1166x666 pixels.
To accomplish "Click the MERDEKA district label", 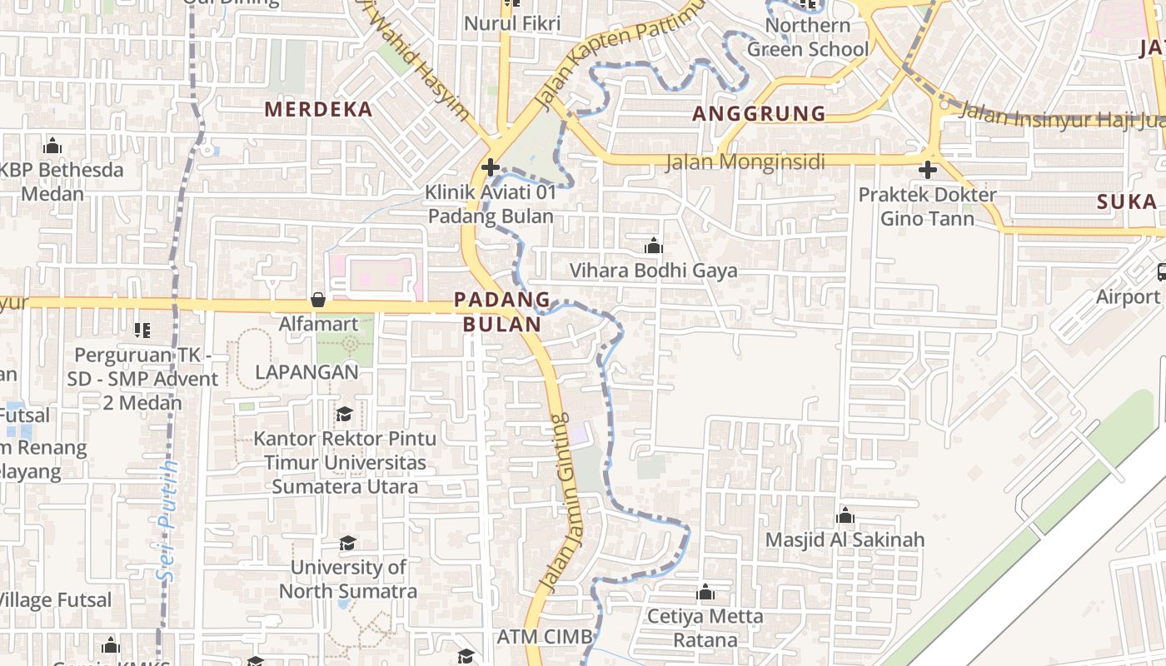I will tap(318, 109).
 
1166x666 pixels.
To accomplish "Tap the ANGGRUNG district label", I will tap(759, 113).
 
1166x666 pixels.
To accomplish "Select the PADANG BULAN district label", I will tap(502, 311).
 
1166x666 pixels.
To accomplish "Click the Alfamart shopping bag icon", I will tap(318, 300).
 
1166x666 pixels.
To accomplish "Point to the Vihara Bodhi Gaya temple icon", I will tap(654, 246).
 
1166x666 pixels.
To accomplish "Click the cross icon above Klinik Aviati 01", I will tap(491, 167).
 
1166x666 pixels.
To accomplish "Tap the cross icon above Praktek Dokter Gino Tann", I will tap(927, 171).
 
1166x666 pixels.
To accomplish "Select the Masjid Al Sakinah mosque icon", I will tap(845, 515).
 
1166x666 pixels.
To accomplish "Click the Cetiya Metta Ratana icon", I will tap(705, 592).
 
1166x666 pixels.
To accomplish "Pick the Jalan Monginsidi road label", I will tap(745, 162).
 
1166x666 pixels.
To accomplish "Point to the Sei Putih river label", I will tap(169, 520).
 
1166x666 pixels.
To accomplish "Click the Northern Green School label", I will tap(807, 37).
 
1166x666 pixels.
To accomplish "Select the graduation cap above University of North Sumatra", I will tap(347, 544).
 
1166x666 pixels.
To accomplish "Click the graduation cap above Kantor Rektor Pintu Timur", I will tap(344, 414).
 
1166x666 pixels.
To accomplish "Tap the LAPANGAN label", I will tap(306, 372).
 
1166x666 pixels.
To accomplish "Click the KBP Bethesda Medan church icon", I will tap(52, 147).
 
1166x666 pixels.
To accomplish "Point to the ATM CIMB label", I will tap(545, 637).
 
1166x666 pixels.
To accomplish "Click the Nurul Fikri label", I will tap(512, 23).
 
